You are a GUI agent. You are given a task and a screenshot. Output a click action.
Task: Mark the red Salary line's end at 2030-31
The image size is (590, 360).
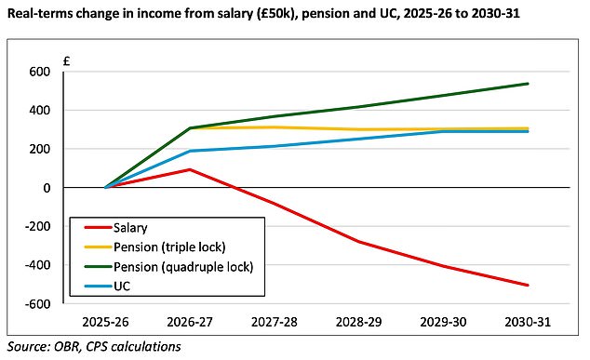[x=529, y=285]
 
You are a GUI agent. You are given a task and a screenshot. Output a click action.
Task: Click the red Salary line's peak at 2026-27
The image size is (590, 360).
[x=191, y=169]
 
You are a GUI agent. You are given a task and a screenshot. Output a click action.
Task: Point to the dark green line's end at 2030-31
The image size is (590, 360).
[x=529, y=84]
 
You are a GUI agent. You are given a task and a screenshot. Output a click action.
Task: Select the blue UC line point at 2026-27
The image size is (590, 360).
[x=191, y=151]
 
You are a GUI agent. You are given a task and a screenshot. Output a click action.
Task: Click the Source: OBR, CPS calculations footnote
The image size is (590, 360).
[x=94, y=347]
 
